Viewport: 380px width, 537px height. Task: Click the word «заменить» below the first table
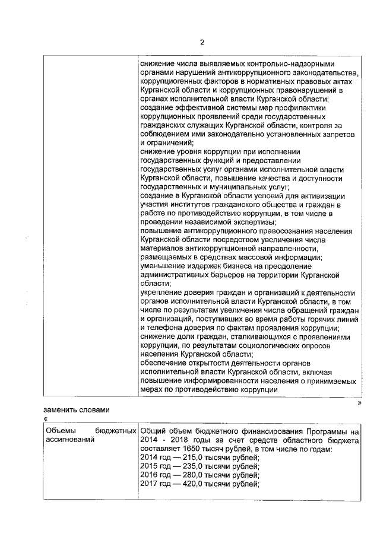pyautogui.click(x=61, y=409)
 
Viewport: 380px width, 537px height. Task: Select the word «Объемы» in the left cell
pyautogui.click(x=61, y=430)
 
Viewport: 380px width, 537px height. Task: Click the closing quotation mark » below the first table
pyautogui.click(x=359, y=403)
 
